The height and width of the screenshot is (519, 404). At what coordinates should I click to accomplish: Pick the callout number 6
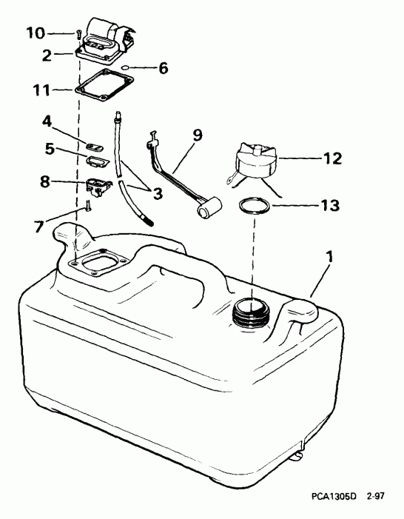click(162, 69)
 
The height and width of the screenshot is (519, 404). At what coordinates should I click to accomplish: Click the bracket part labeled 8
click(100, 184)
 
